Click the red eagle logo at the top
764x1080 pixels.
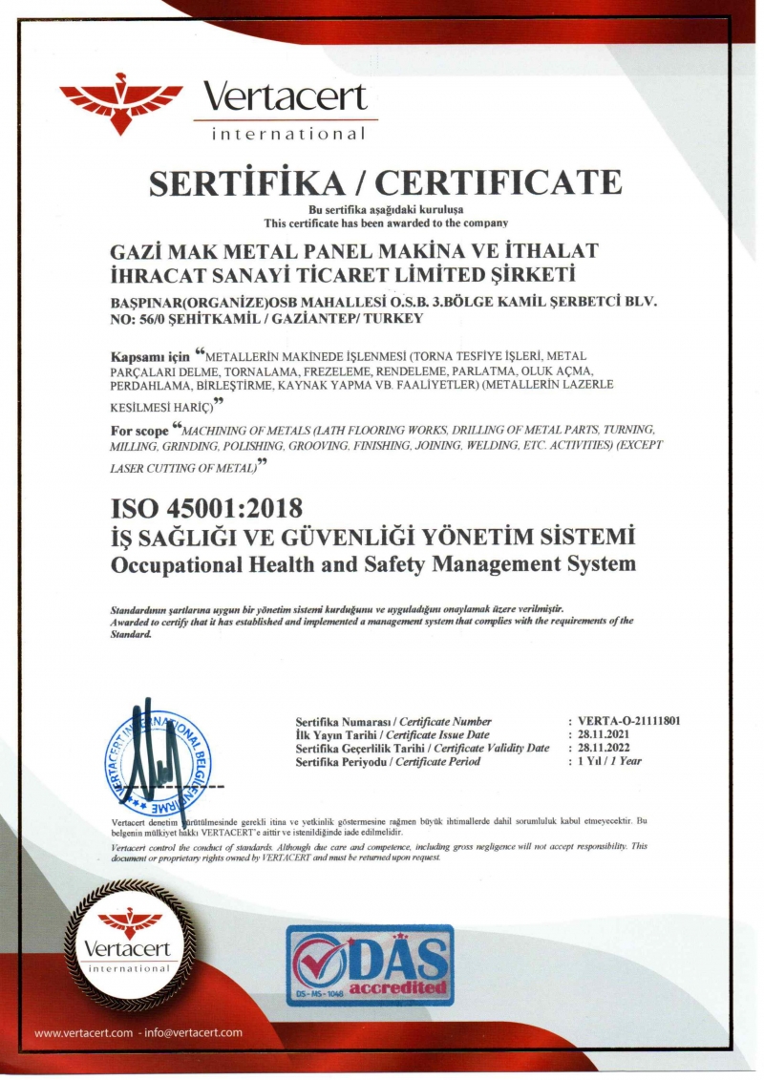(121, 101)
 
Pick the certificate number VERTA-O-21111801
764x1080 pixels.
(631, 722)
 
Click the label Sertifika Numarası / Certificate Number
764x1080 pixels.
(393, 722)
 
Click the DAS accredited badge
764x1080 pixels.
(371, 965)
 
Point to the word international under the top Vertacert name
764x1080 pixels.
(287, 135)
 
